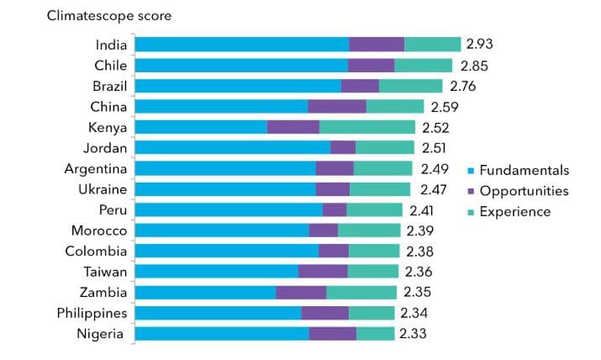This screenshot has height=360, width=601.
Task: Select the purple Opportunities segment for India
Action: (377, 45)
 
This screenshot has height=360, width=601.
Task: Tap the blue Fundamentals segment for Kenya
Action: (201, 127)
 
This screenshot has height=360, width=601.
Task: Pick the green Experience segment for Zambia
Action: (361, 293)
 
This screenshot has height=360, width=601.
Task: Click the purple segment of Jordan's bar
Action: (343, 148)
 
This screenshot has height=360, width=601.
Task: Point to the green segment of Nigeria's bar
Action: (376, 334)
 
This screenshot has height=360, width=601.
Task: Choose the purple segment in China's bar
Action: (337, 107)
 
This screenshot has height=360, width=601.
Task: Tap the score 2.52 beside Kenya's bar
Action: (435, 128)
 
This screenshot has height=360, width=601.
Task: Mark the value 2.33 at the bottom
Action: (413, 334)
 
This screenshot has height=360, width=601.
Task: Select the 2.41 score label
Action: (421, 210)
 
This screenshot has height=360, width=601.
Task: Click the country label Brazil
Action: (109, 86)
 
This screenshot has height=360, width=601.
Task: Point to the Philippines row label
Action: (92, 313)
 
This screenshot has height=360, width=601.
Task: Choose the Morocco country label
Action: (100, 230)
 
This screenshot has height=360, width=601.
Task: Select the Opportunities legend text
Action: (524, 191)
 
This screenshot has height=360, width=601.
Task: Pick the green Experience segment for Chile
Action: (424, 66)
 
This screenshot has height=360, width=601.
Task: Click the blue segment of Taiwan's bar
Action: (216, 272)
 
